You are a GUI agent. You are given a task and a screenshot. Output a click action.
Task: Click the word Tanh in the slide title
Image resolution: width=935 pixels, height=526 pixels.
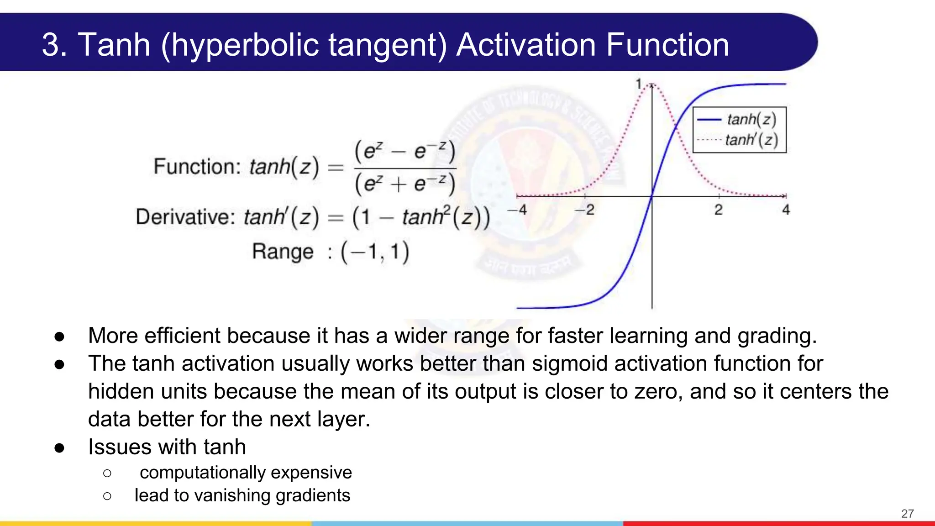(114, 45)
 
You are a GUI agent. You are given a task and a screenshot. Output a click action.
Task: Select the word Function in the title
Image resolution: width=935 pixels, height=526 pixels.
(667, 45)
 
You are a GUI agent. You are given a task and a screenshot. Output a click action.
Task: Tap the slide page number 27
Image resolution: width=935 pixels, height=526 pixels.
(907, 514)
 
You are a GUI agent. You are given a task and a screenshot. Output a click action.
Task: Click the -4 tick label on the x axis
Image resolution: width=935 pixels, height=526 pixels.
(517, 210)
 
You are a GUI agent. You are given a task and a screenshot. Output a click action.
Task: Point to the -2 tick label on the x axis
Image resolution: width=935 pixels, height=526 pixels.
(585, 210)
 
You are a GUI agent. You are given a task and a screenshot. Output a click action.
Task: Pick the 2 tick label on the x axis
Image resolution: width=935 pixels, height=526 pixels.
(719, 210)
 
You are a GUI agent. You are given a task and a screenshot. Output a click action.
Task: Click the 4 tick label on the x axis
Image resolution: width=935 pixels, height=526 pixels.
(786, 210)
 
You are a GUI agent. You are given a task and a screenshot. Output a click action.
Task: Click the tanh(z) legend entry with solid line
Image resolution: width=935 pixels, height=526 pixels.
(751, 120)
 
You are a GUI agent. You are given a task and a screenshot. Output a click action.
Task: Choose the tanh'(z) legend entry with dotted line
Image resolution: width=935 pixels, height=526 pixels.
(751, 140)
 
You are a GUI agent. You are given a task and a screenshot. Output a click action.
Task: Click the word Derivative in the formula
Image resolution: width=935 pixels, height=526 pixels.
(185, 217)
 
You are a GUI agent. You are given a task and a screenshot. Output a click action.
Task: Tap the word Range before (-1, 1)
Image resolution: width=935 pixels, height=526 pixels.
(283, 252)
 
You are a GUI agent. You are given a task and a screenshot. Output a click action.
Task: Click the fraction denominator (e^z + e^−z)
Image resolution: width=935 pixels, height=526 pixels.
(405, 184)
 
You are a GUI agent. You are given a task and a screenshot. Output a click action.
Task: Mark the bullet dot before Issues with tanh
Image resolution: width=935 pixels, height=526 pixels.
(59, 448)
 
